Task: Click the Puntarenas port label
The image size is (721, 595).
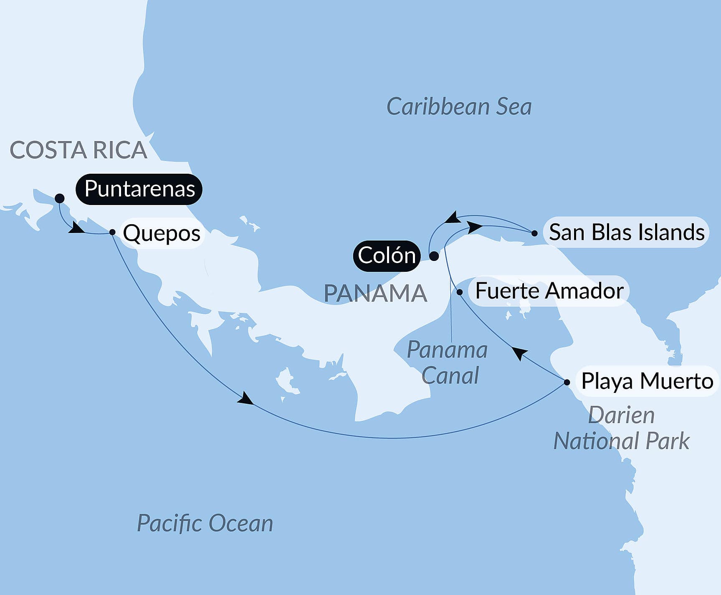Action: point(139,189)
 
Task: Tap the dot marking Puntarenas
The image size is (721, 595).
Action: point(60,198)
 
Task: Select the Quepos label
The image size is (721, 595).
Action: point(162,233)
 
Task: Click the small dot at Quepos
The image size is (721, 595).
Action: point(112,232)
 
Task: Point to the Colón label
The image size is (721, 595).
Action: point(387,256)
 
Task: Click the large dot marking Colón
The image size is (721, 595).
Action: point(434,256)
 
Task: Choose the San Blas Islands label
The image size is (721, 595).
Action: point(626,232)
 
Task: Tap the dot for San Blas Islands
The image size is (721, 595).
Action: point(534,233)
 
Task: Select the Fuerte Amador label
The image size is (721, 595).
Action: point(549,291)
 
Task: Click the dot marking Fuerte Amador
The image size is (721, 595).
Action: point(460,292)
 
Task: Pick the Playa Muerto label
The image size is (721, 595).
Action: point(647,381)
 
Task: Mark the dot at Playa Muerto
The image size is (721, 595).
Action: point(567,382)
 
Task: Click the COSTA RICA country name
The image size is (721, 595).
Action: point(78,150)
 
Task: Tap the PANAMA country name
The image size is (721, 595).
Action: point(375,294)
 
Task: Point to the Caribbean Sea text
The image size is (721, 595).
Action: point(459,107)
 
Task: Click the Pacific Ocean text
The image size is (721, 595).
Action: point(205,523)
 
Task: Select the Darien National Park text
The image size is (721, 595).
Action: point(621,428)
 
